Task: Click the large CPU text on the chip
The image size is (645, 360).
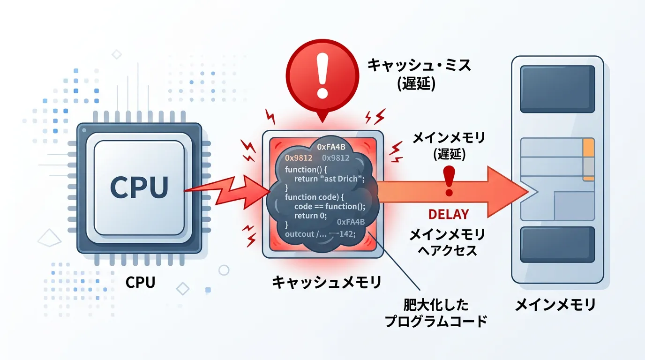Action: click(x=139, y=187)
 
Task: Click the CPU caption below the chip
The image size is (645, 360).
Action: click(x=140, y=283)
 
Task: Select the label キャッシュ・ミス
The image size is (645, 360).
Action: click(x=419, y=65)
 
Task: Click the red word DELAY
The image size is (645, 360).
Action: click(x=449, y=215)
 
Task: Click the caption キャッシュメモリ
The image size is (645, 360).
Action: click(x=327, y=283)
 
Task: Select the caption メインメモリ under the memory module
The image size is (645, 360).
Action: click(x=555, y=305)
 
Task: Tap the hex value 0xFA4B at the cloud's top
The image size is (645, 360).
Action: click(x=332, y=147)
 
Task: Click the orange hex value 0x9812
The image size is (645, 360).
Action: click(x=299, y=158)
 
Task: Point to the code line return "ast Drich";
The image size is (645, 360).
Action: click(x=329, y=179)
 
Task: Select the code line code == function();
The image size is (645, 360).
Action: click(x=330, y=207)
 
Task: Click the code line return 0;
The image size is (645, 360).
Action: click(x=310, y=216)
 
